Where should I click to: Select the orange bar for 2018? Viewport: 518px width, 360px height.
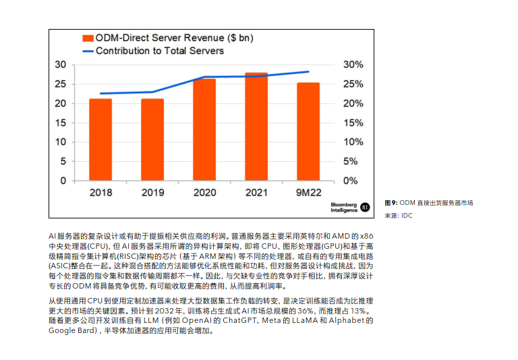coord(100,140)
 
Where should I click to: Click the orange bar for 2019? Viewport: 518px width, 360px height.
coord(152,140)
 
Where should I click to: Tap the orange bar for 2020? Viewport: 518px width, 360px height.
coord(204,129)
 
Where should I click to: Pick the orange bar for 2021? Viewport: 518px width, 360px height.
coord(256,127)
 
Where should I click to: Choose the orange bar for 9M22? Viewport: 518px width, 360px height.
coord(308,131)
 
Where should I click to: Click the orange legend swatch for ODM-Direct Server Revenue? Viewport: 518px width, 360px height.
coord(87,38)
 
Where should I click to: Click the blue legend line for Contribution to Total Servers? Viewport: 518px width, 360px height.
coord(87,51)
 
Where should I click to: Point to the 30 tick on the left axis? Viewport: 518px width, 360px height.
coord(61,65)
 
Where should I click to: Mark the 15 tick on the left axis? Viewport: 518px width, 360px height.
coord(61,123)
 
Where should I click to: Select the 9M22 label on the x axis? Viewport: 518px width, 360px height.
coord(308,193)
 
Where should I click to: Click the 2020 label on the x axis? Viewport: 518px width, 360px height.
coord(204,193)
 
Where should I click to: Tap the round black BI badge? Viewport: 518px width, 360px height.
coord(366,207)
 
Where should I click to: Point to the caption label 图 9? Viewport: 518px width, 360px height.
coord(391,203)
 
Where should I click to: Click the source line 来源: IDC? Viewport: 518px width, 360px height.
coord(399,216)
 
